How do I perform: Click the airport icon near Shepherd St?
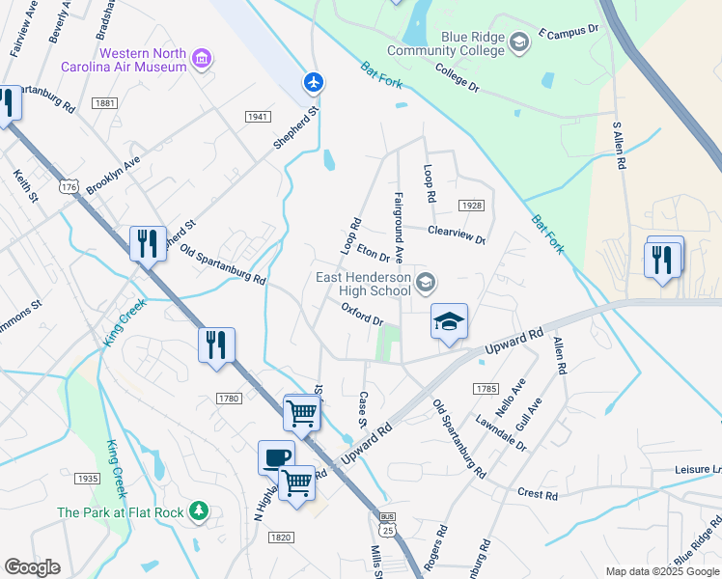click(313, 82)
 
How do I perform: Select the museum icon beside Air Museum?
click(202, 60)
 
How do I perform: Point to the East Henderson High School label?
click(363, 285)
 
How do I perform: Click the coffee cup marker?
click(276, 457)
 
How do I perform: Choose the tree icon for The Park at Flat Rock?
click(199, 509)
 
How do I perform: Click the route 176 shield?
click(68, 184)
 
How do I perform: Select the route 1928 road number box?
click(471, 206)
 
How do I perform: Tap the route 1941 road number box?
click(256, 117)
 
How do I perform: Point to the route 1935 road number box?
click(88, 478)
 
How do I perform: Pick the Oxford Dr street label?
click(363, 314)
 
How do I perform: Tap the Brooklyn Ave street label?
click(113, 176)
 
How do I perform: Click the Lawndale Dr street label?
click(502, 433)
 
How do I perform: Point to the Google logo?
click(32, 567)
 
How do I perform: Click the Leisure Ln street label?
click(698, 471)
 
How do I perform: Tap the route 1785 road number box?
click(486, 388)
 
